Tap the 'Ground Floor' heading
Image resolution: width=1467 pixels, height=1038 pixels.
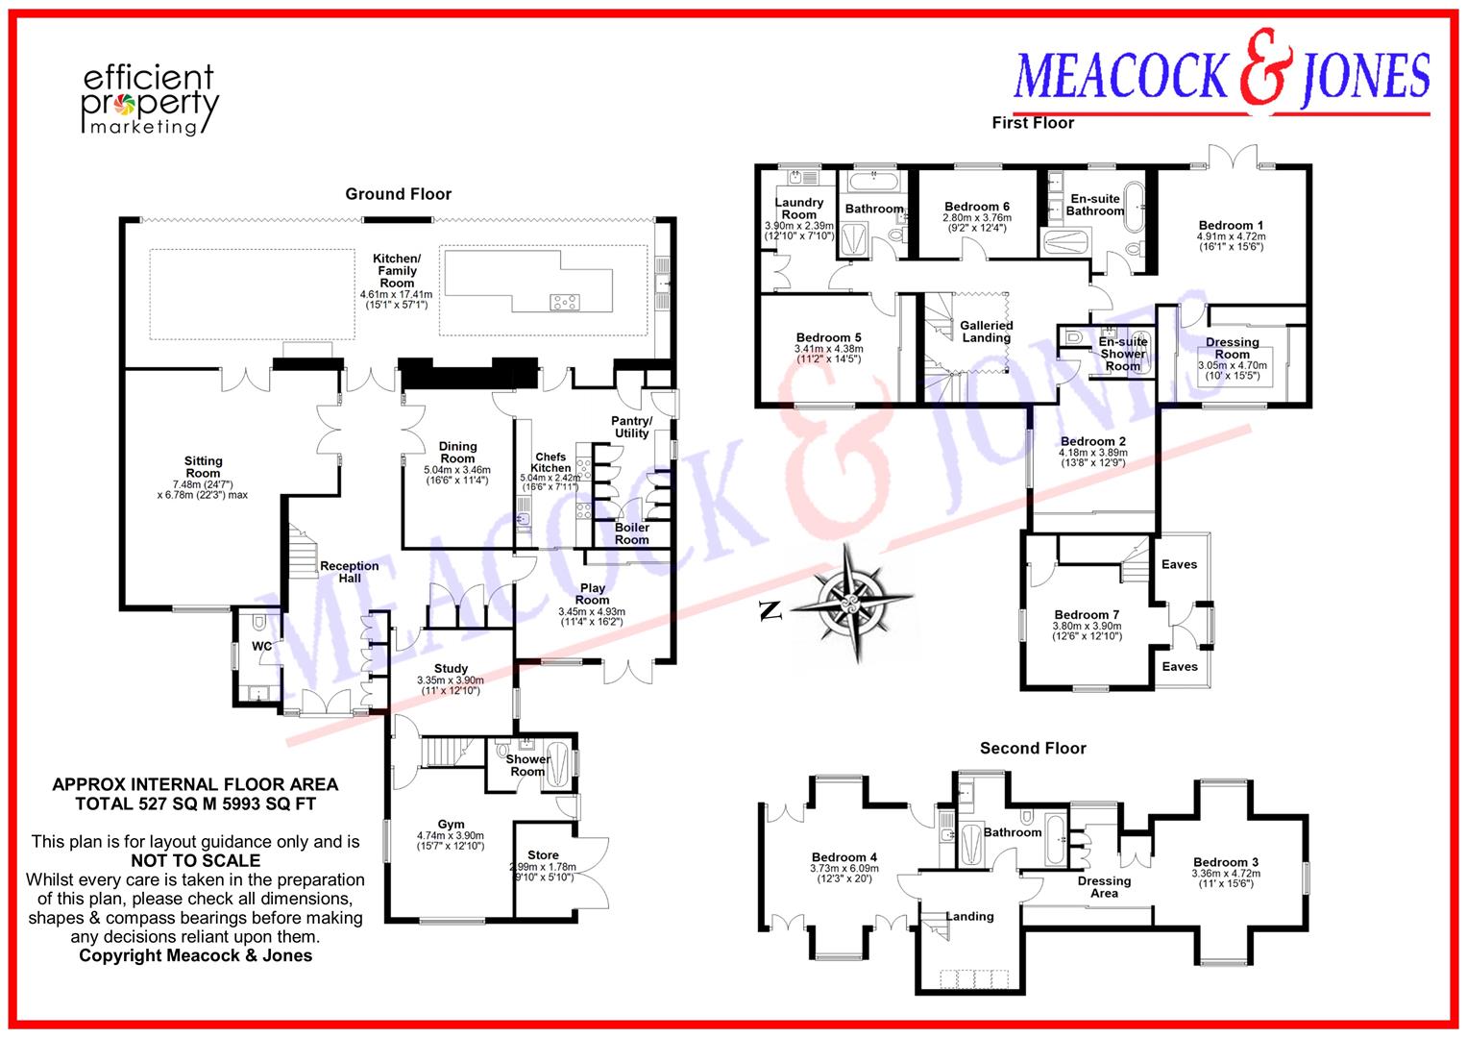tap(398, 194)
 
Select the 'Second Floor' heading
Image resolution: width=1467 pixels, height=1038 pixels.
tap(1033, 749)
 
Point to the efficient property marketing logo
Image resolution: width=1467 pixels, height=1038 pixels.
tap(150, 100)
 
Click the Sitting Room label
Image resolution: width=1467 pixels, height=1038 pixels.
tap(203, 467)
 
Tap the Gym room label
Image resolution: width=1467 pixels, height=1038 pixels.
tap(451, 824)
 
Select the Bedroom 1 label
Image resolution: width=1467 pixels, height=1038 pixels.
tap(1232, 226)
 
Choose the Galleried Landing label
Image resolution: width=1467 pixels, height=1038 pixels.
tap(987, 332)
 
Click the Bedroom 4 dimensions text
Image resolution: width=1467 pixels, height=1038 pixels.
tap(844, 874)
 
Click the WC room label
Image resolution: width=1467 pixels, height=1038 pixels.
tap(262, 646)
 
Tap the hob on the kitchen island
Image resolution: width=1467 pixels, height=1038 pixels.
tap(565, 302)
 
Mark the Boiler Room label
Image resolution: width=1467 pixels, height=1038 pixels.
tap(632, 533)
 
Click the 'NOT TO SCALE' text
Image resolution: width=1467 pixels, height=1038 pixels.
tap(196, 860)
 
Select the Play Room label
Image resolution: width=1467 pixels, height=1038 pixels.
tap(592, 594)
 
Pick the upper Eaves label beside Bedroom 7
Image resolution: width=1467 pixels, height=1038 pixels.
tap(1180, 564)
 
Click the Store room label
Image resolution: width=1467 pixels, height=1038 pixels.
tap(543, 855)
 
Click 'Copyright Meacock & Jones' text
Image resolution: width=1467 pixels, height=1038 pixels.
tap(196, 955)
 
